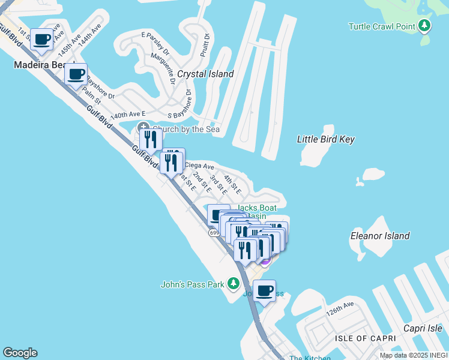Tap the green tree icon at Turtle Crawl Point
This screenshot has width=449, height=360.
point(425,26)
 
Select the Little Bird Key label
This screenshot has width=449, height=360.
point(326,139)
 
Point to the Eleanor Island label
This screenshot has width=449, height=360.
point(380,236)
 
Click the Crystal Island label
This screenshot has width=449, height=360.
point(205,74)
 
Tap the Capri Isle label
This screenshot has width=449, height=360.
point(423,328)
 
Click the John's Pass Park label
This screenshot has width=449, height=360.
point(192,284)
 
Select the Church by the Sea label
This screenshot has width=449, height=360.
point(186,129)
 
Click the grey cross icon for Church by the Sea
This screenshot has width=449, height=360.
point(143,127)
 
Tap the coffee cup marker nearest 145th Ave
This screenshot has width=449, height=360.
point(42,40)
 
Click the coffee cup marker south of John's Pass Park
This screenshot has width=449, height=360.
point(264,292)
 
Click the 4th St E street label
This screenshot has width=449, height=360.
point(232,185)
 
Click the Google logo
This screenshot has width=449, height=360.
point(20,353)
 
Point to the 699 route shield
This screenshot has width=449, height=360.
point(214,232)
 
